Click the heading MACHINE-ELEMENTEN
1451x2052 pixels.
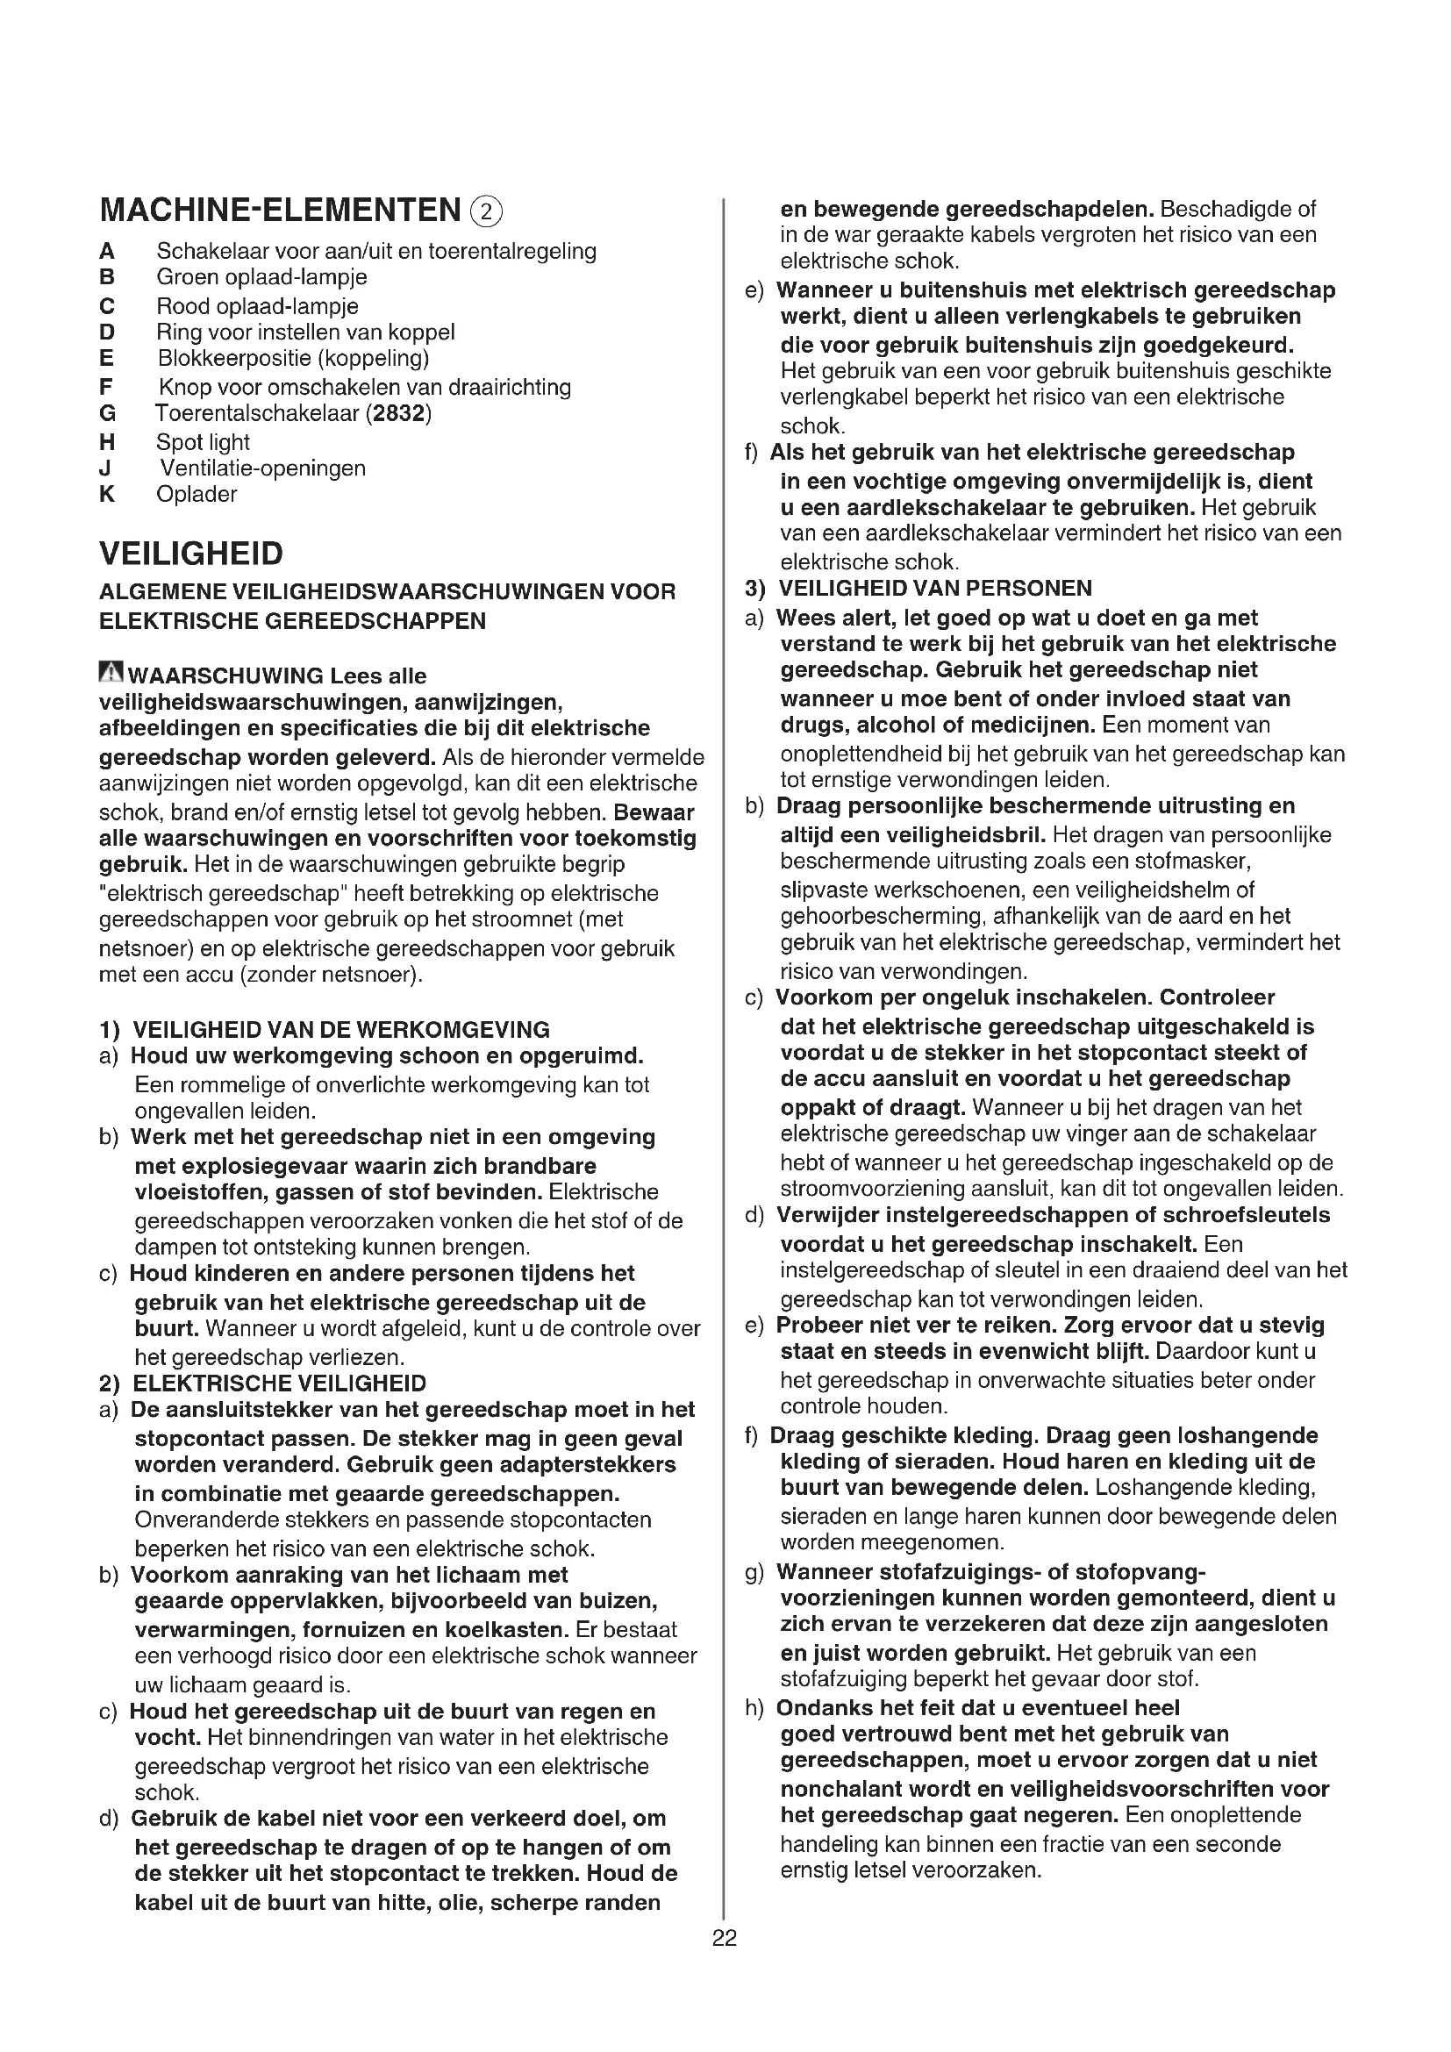pyautogui.click(x=280, y=211)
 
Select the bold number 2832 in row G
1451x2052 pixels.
pyautogui.click(x=398, y=414)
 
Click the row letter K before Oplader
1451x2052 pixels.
pyautogui.click(x=107, y=494)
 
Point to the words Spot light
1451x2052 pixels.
pyautogui.click(x=203, y=442)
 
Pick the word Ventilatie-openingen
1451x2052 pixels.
pyautogui.click(x=262, y=468)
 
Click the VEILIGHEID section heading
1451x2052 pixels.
pyautogui.click(x=191, y=554)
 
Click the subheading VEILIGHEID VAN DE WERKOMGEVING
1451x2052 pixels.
pyautogui.click(x=340, y=1030)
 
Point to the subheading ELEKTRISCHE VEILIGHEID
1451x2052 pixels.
pyautogui.click(x=279, y=1383)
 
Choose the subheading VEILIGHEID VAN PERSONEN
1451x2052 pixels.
pyautogui.click(x=934, y=588)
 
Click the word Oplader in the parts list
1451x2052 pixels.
pyautogui.click(x=197, y=494)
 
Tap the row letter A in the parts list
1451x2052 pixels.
pyautogui.click(x=107, y=251)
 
